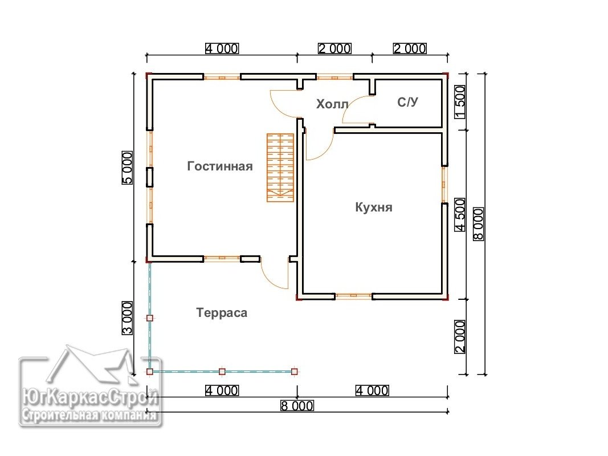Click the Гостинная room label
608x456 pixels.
220,166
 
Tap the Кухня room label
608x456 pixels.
374,207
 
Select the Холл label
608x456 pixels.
332,104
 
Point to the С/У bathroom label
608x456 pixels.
407,102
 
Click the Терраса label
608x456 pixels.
222,312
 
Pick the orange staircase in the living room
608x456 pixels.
280,168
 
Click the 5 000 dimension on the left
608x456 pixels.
128,168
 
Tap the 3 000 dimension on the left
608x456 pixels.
128,318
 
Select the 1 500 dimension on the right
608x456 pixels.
460,103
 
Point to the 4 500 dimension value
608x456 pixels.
460,215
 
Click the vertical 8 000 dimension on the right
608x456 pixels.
479,224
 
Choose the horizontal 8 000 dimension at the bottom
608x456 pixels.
297,406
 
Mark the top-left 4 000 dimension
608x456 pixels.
222,48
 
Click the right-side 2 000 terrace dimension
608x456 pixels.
460,336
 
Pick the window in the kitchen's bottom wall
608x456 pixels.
353,296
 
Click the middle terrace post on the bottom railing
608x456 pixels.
222,372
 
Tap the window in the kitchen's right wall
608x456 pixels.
445,185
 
